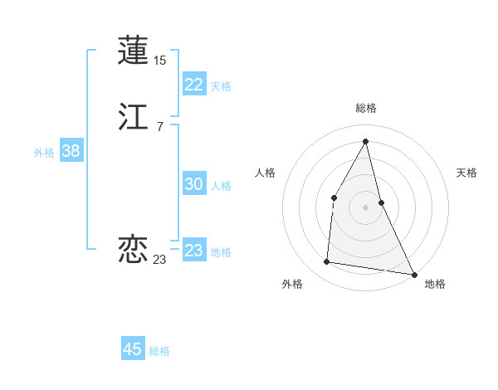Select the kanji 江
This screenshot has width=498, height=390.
[133, 118]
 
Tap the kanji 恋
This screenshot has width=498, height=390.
[133, 248]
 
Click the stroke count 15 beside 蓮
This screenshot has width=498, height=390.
[160, 61]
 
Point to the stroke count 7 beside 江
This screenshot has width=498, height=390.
[159, 127]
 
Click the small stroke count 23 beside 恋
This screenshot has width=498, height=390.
[159, 260]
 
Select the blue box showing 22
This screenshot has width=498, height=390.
[193, 84]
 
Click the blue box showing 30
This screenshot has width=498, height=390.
[193, 184]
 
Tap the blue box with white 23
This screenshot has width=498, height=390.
[193, 250]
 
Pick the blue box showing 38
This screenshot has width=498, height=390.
[71, 151]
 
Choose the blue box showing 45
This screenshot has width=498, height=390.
[132, 349]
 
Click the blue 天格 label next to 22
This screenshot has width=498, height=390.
[221, 85]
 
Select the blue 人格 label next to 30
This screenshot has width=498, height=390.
[221, 186]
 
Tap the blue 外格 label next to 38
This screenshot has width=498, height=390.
[44, 153]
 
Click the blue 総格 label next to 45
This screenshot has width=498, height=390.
[159, 351]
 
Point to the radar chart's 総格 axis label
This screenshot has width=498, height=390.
[365, 108]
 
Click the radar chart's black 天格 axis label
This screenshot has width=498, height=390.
[466, 173]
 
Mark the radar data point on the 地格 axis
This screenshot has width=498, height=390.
[414, 275]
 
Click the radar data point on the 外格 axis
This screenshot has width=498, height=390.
[327, 262]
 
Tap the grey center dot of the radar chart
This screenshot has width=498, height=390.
[365, 207]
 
